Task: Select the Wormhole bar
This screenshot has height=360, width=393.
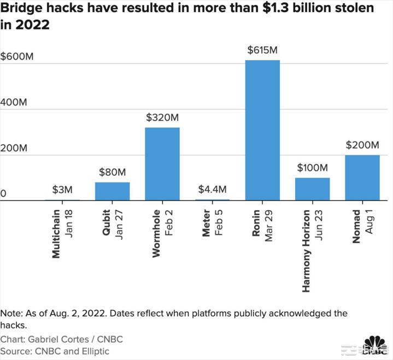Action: coord(162,164)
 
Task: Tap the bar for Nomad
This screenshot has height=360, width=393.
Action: coord(362,178)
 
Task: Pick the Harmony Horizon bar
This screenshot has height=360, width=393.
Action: coord(312,189)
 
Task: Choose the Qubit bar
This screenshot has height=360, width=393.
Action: coord(112,191)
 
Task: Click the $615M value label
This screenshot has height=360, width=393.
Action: coord(262,50)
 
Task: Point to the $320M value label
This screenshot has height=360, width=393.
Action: coord(162,117)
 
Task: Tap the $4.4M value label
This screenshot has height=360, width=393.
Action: coord(212,190)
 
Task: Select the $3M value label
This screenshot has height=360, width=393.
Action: coord(62,190)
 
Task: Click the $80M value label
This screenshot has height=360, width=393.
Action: coord(112,172)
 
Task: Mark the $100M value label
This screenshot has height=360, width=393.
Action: coord(312,168)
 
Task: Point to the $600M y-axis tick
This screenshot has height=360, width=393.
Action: coord(17,56)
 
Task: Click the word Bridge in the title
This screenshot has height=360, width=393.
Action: coord(21,8)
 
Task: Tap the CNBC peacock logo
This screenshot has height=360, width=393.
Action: coord(377,344)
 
